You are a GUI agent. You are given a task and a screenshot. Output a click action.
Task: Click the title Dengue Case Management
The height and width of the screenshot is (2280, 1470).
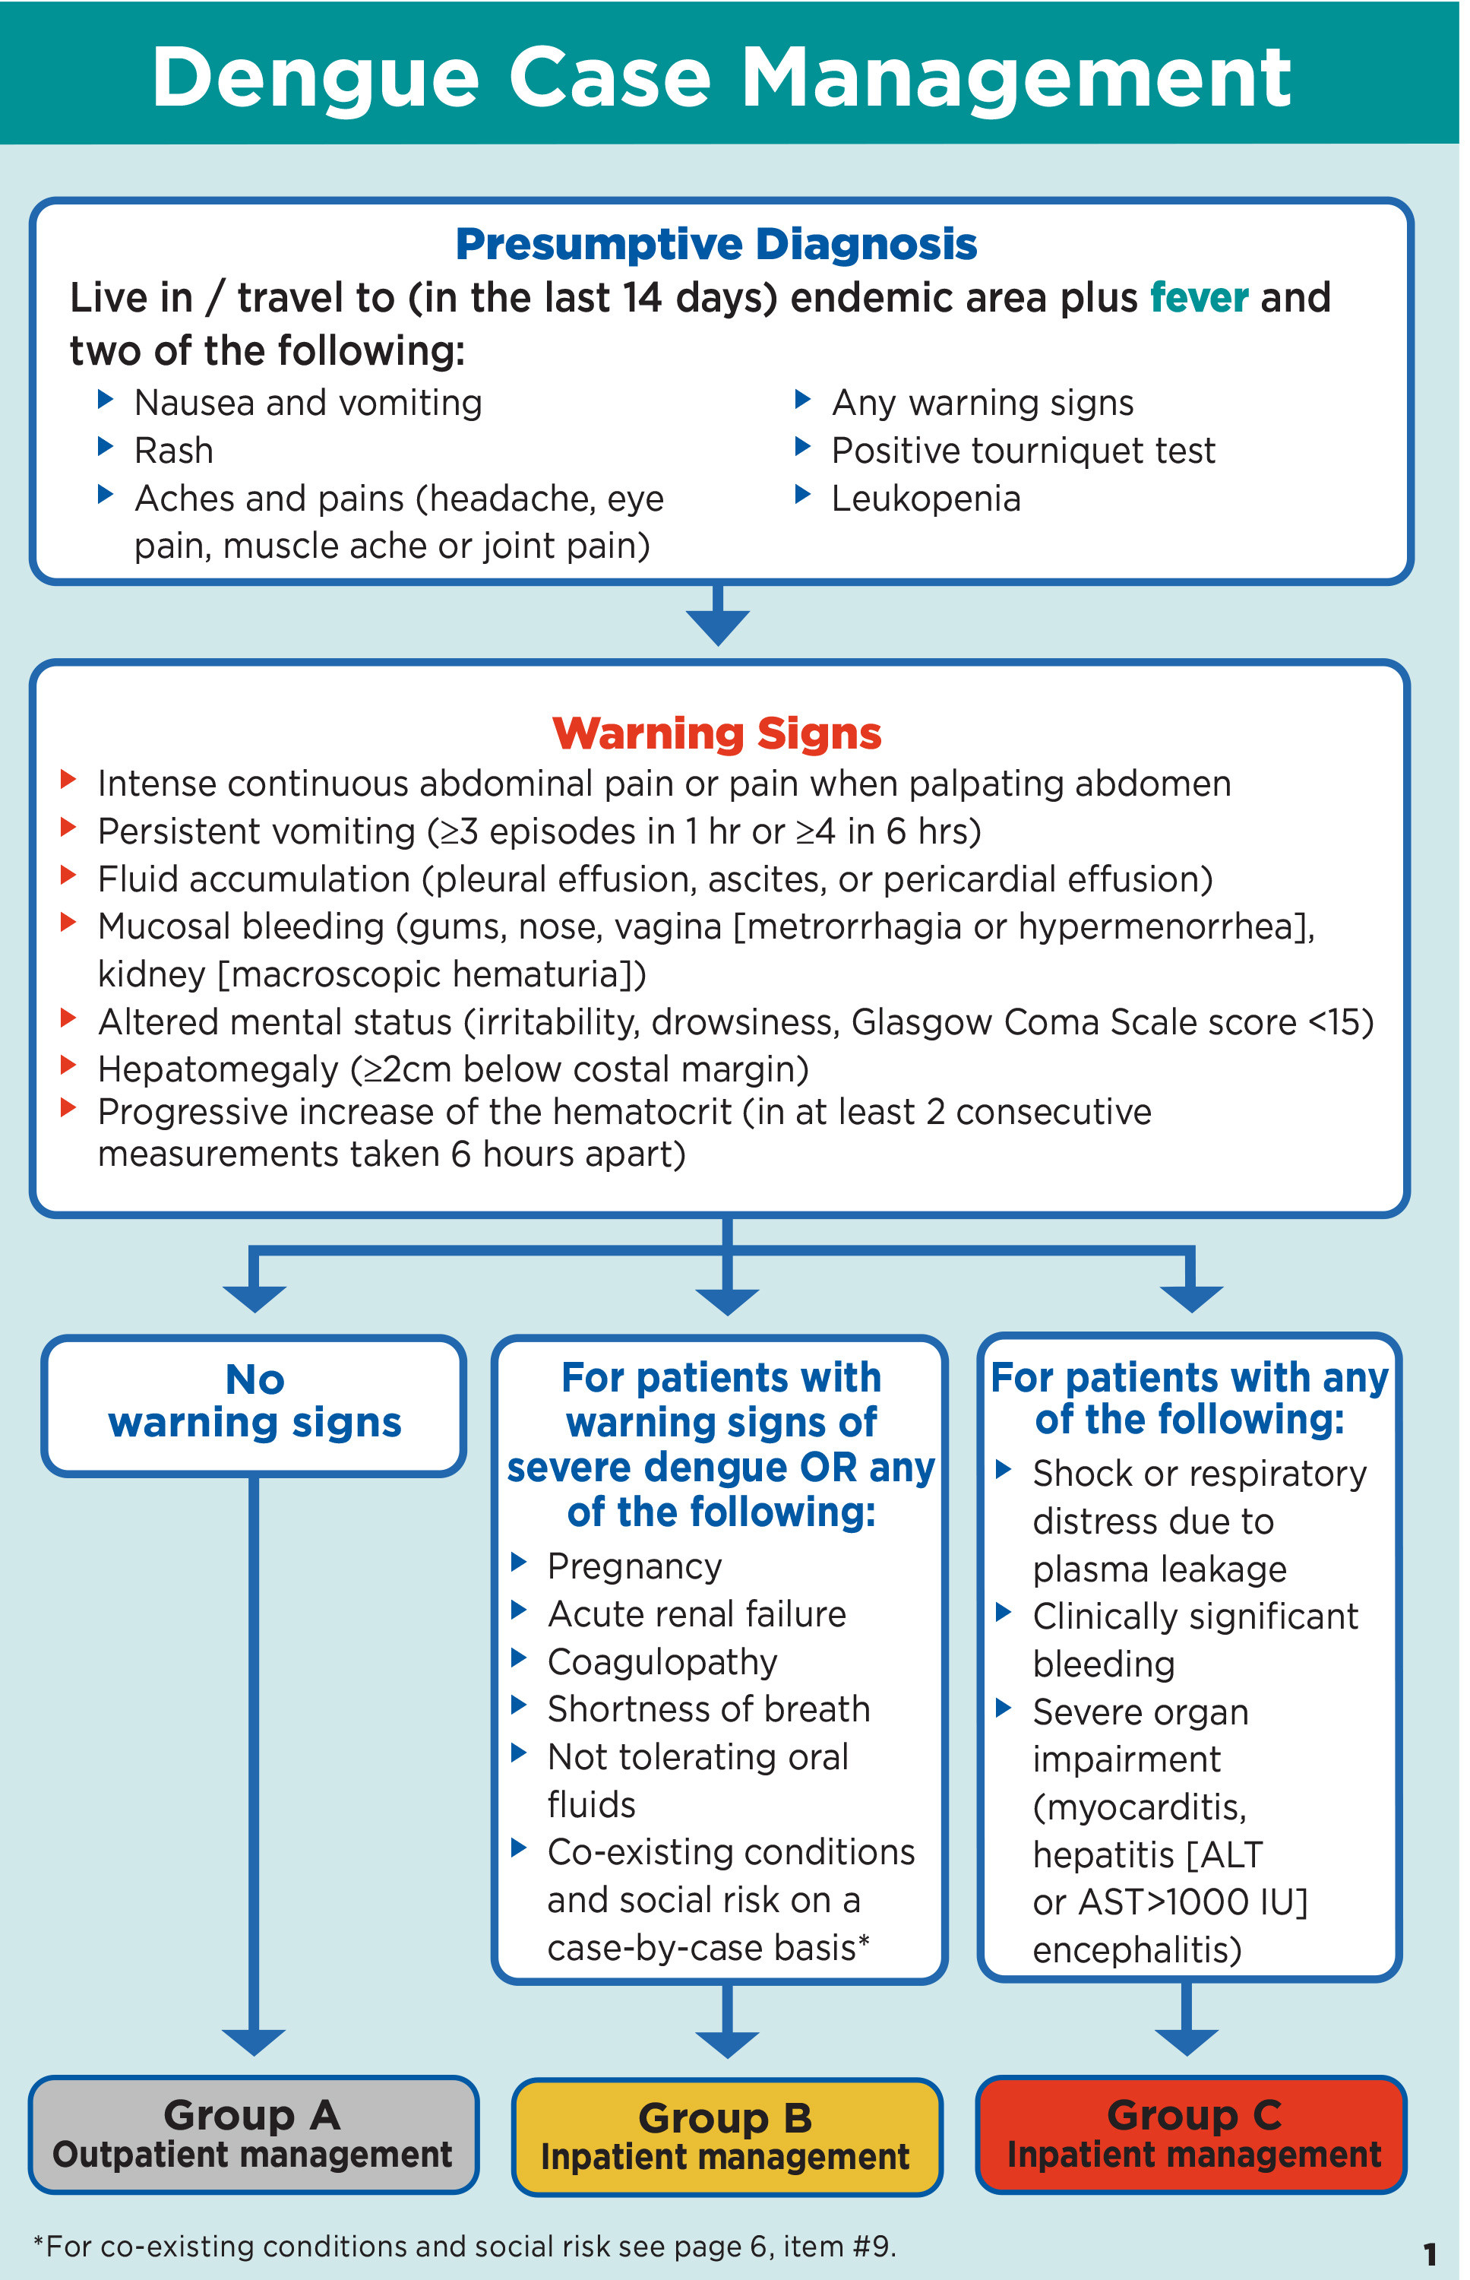click(x=721, y=78)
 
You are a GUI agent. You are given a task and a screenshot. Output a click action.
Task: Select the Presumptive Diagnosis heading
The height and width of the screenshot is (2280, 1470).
click(x=716, y=245)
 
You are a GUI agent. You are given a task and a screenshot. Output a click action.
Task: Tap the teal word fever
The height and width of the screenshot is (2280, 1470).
click(x=1198, y=298)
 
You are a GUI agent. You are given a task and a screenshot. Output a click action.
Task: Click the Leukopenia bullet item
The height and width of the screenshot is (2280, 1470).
click(x=925, y=499)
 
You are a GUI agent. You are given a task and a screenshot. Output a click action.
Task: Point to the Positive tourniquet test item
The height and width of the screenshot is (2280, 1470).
click(x=1023, y=451)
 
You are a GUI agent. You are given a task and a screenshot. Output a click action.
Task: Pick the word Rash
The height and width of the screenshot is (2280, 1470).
click(x=174, y=451)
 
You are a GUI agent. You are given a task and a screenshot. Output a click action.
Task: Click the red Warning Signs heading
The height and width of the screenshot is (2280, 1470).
click(x=716, y=733)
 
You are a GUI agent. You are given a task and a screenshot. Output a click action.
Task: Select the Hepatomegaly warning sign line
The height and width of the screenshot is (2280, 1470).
click(x=453, y=1069)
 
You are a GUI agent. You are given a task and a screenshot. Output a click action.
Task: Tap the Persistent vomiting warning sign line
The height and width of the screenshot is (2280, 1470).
click(x=539, y=831)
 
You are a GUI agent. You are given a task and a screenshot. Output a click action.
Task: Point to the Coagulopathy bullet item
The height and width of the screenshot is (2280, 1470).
click(x=662, y=1662)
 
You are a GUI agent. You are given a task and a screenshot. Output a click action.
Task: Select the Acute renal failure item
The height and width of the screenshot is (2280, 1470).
click(x=696, y=1614)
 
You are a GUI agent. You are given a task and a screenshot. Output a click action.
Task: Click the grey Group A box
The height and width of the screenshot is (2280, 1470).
click(x=253, y=2134)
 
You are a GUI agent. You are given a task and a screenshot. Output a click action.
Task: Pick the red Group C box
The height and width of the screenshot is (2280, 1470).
click(x=1192, y=2134)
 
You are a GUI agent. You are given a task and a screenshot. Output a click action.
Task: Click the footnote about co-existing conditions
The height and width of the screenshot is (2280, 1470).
click(x=465, y=2247)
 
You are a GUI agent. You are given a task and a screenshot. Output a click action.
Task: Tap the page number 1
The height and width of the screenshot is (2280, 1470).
click(x=1429, y=2254)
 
